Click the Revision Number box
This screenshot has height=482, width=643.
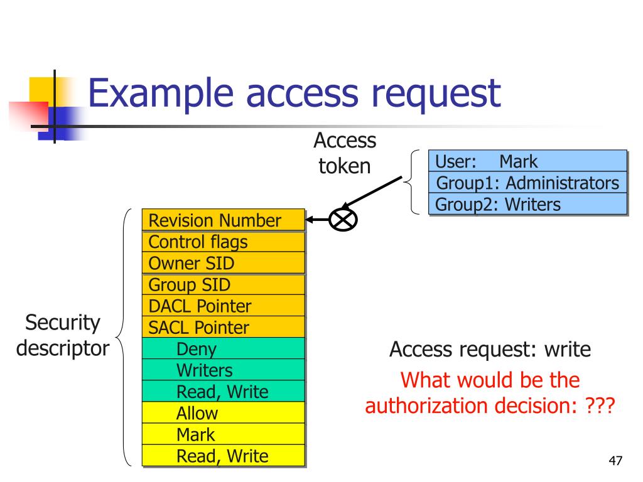[x=224, y=220]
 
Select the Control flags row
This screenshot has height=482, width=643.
[x=224, y=242]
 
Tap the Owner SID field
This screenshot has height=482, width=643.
[x=224, y=263]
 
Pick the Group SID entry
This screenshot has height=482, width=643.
[x=224, y=285]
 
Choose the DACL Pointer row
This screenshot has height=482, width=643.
[x=224, y=306]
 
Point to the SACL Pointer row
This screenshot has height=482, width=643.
[x=224, y=327]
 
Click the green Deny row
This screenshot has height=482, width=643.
[x=224, y=349]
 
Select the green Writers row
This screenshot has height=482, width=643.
[x=224, y=370]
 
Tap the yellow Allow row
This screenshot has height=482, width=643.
[x=224, y=413]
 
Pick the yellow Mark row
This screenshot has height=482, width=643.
[x=224, y=434]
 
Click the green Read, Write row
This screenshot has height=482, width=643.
[x=224, y=392]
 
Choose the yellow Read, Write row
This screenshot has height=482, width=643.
[x=224, y=456]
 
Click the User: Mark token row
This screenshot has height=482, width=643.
[x=527, y=161]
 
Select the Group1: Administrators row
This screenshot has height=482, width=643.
[x=527, y=183]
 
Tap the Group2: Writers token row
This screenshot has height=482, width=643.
[x=527, y=204]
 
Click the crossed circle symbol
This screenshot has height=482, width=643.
[x=343, y=219]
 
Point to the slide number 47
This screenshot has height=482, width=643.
[x=615, y=462]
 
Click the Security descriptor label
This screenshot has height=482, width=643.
[x=63, y=336]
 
